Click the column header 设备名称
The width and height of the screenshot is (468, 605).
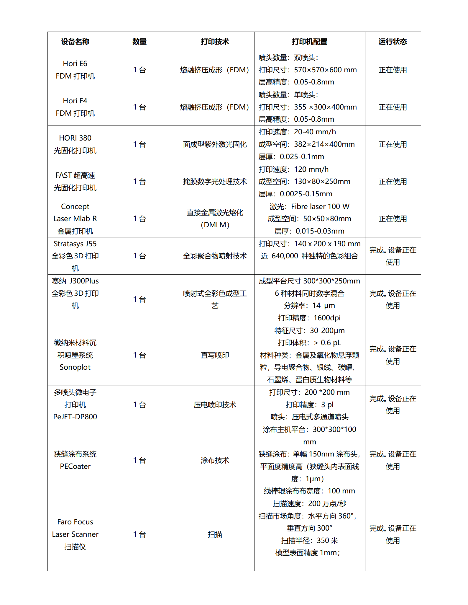pos(75,42)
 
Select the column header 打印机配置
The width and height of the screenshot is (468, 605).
pos(309,42)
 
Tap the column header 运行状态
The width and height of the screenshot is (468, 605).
pos(393,42)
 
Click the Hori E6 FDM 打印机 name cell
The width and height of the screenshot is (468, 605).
pos(75,70)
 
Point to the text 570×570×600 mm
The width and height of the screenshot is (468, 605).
pos(325,70)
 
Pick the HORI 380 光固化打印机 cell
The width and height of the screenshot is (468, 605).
pos(75,144)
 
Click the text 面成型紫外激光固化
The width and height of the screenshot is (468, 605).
pos(215,144)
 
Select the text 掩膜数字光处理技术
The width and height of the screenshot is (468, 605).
pos(215,182)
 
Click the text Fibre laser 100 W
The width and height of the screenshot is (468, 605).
pos(320,207)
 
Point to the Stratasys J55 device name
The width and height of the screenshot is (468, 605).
pos(75,244)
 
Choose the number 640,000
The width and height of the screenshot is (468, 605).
pos(285,256)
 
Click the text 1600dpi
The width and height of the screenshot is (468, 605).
pos(327,318)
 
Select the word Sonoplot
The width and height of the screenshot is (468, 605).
pos(75,367)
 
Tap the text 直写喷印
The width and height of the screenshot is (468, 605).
pos(215,355)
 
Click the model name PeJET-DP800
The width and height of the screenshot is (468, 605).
pos(75,417)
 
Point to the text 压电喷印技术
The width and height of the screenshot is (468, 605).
pos(215,405)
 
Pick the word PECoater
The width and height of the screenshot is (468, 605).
pos(75,467)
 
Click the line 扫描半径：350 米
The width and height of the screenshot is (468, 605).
pos(309,541)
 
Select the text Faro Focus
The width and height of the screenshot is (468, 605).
pos(75,522)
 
